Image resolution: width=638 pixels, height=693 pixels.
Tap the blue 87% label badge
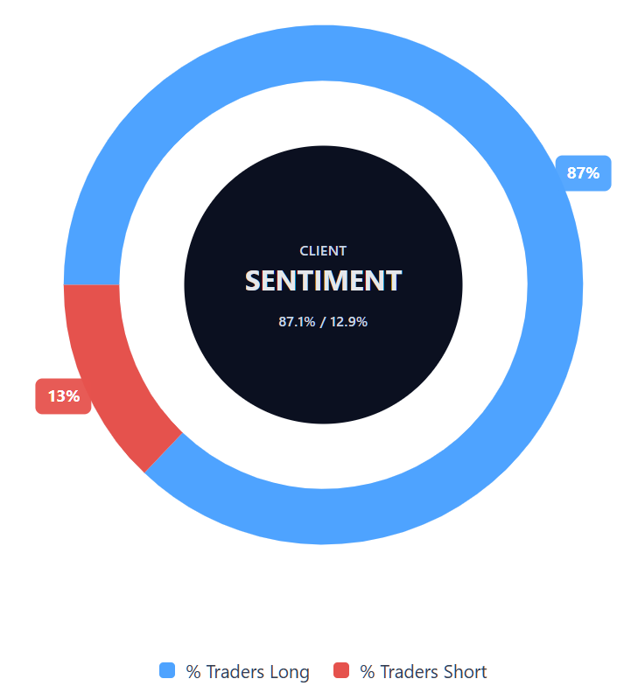tap(583, 172)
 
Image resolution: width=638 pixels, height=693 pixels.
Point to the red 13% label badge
tap(63, 396)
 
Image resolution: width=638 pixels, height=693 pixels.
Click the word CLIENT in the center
tap(323, 250)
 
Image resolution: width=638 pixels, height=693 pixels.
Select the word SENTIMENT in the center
tap(323, 281)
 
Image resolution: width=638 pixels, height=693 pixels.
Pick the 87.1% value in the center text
tap(297, 322)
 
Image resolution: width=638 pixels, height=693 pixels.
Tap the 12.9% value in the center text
tap(348, 322)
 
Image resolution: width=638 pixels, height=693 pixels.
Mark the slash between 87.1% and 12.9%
tap(322, 322)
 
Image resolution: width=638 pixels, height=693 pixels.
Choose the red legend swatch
tap(341, 671)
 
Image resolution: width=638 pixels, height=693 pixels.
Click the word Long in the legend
tap(290, 672)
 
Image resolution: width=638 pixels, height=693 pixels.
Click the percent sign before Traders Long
tap(193, 672)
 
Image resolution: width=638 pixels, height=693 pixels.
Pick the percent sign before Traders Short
tap(367, 672)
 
